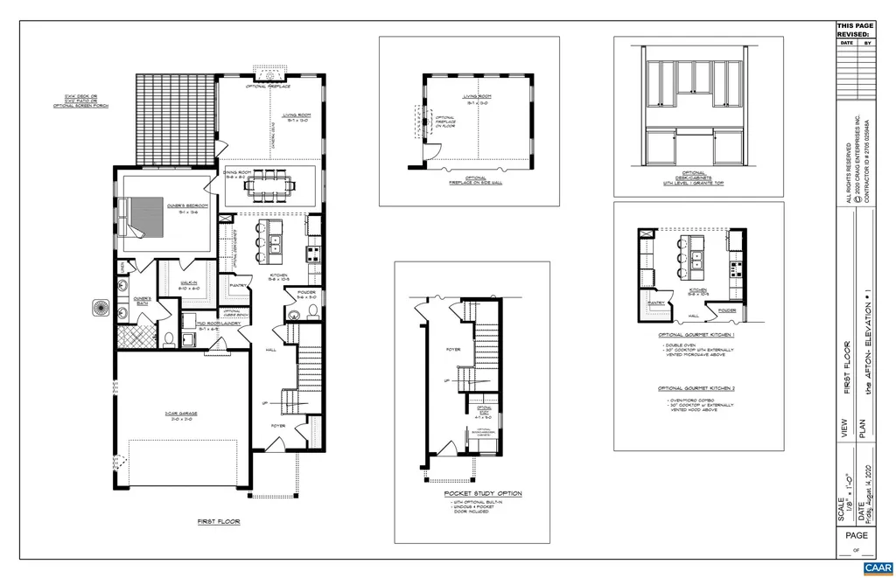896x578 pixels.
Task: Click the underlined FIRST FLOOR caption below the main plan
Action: click(218, 521)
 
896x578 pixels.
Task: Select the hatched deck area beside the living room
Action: click(175, 119)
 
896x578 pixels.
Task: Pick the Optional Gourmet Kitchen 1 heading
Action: click(696, 335)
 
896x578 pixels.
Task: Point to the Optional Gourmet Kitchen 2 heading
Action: click(696, 388)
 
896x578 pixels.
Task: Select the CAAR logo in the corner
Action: click(876, 568)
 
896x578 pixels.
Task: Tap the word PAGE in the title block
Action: click(857, 534)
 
